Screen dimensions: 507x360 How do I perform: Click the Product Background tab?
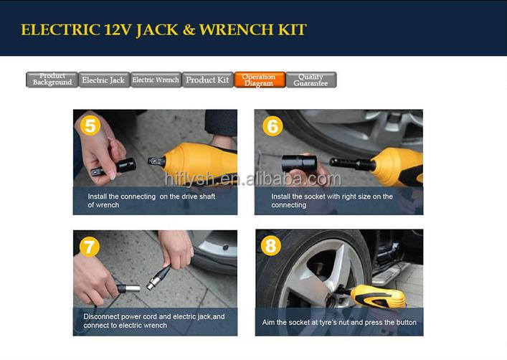coord(52,80)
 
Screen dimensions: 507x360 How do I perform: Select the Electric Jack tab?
coord(104,80)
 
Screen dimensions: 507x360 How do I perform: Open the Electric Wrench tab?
coord(156,80)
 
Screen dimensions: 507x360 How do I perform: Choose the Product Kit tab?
coord(207,80)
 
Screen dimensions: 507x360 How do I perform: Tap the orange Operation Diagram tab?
coord(260,80)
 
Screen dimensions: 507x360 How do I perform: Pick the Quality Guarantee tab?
coord(311,80)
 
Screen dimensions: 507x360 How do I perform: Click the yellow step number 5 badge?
coord(90,125)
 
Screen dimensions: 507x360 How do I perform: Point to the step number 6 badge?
coord(273,126)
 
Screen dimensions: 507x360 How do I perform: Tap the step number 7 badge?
coord(89,247)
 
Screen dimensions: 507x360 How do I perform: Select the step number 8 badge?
coord(271,245)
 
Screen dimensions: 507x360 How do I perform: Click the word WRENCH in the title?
coord(237,29)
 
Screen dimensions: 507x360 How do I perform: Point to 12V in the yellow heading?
coord(118,29)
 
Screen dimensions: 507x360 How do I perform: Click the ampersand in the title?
coord(189,29)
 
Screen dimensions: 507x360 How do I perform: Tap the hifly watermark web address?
coord(253,179)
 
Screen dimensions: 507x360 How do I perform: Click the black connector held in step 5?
coord(114,168)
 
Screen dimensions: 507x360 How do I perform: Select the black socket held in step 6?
coord(298,164)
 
